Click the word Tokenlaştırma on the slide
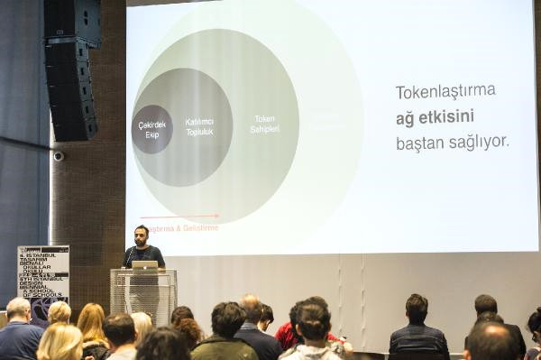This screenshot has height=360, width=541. coord(445,91)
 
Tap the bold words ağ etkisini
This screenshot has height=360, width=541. coord(434,116)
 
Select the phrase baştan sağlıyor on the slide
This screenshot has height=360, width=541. coord(452,142)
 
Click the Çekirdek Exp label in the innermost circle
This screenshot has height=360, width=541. coord(151,129)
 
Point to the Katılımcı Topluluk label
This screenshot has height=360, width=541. coord(198,126)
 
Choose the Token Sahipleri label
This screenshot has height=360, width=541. coord(264,124)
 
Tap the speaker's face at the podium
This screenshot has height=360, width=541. coord(142,235)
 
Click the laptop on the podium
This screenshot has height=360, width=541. coord(144,265)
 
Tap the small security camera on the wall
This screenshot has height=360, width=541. coord(59,155)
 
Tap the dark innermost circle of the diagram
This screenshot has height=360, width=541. coord(151,129)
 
